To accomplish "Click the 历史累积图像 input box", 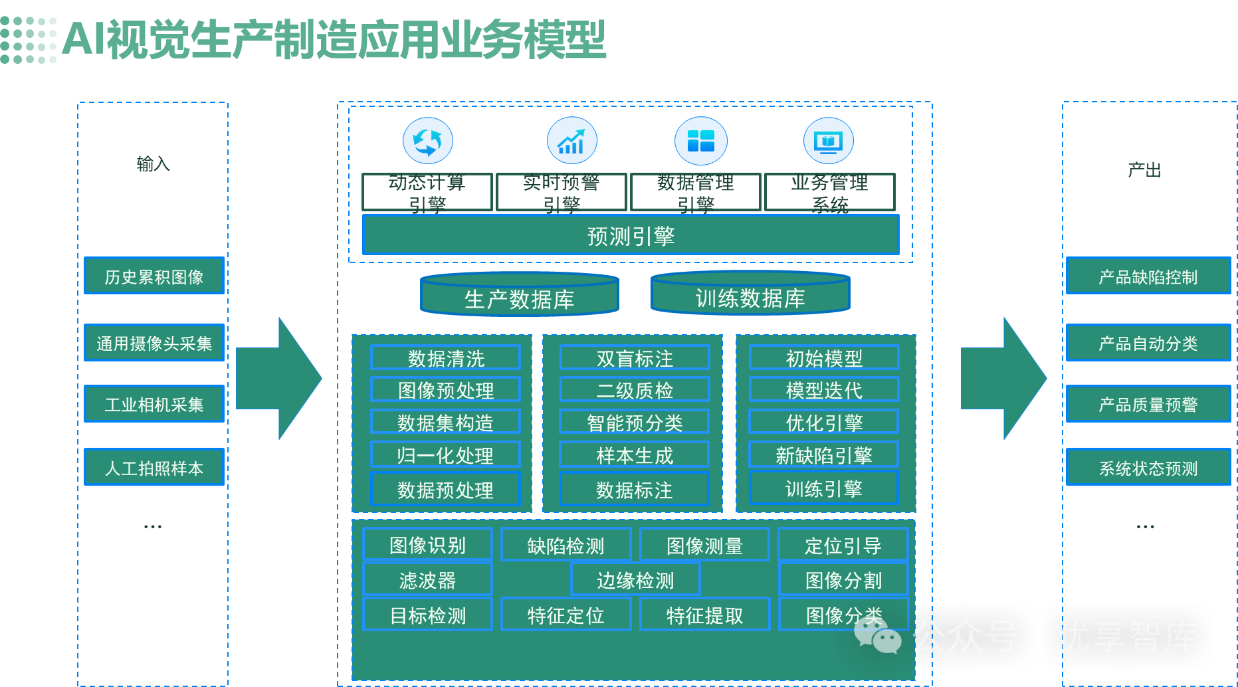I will point(154,276).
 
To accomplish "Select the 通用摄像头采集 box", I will point(154,343).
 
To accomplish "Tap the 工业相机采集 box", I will point(154,404).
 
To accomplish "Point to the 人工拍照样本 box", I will point(154,467).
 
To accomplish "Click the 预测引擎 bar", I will point(631,235).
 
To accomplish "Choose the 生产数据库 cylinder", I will point(520,297).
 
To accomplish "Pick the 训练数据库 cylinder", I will point(750,296).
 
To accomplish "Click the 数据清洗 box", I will point(446,358).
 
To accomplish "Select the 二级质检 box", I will point(635,390).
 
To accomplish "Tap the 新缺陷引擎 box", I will point(823,455).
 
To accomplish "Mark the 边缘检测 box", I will point(635,580).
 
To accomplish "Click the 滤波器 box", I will point(427,580).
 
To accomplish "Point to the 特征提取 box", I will point(704,615).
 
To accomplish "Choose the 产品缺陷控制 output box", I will point(1148,276).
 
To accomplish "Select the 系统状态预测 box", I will point(1148,468).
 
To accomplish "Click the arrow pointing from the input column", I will point(279,378).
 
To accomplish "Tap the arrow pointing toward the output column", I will point(1003,378).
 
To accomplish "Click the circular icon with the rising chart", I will point(571,141).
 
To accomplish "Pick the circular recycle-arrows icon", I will point(427,141).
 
